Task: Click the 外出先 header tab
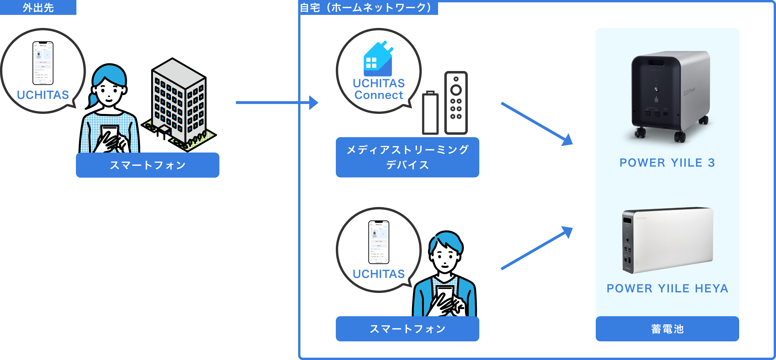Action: click(x=38, y=7)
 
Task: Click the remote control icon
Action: click(x=456, y=103)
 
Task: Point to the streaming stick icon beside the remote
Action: click(x=430, y=113)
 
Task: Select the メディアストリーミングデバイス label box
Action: click(x=407, y=157)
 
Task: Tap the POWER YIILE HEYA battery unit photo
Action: click(x=667, y=240)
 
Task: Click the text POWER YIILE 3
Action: click(x=667, y=163)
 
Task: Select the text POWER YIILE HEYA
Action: click(x=667, y=289)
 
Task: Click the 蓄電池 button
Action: click(x=667, y=329)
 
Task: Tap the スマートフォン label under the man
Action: click(x=407, y=329)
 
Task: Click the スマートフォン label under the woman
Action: click(x=147, y=165)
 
